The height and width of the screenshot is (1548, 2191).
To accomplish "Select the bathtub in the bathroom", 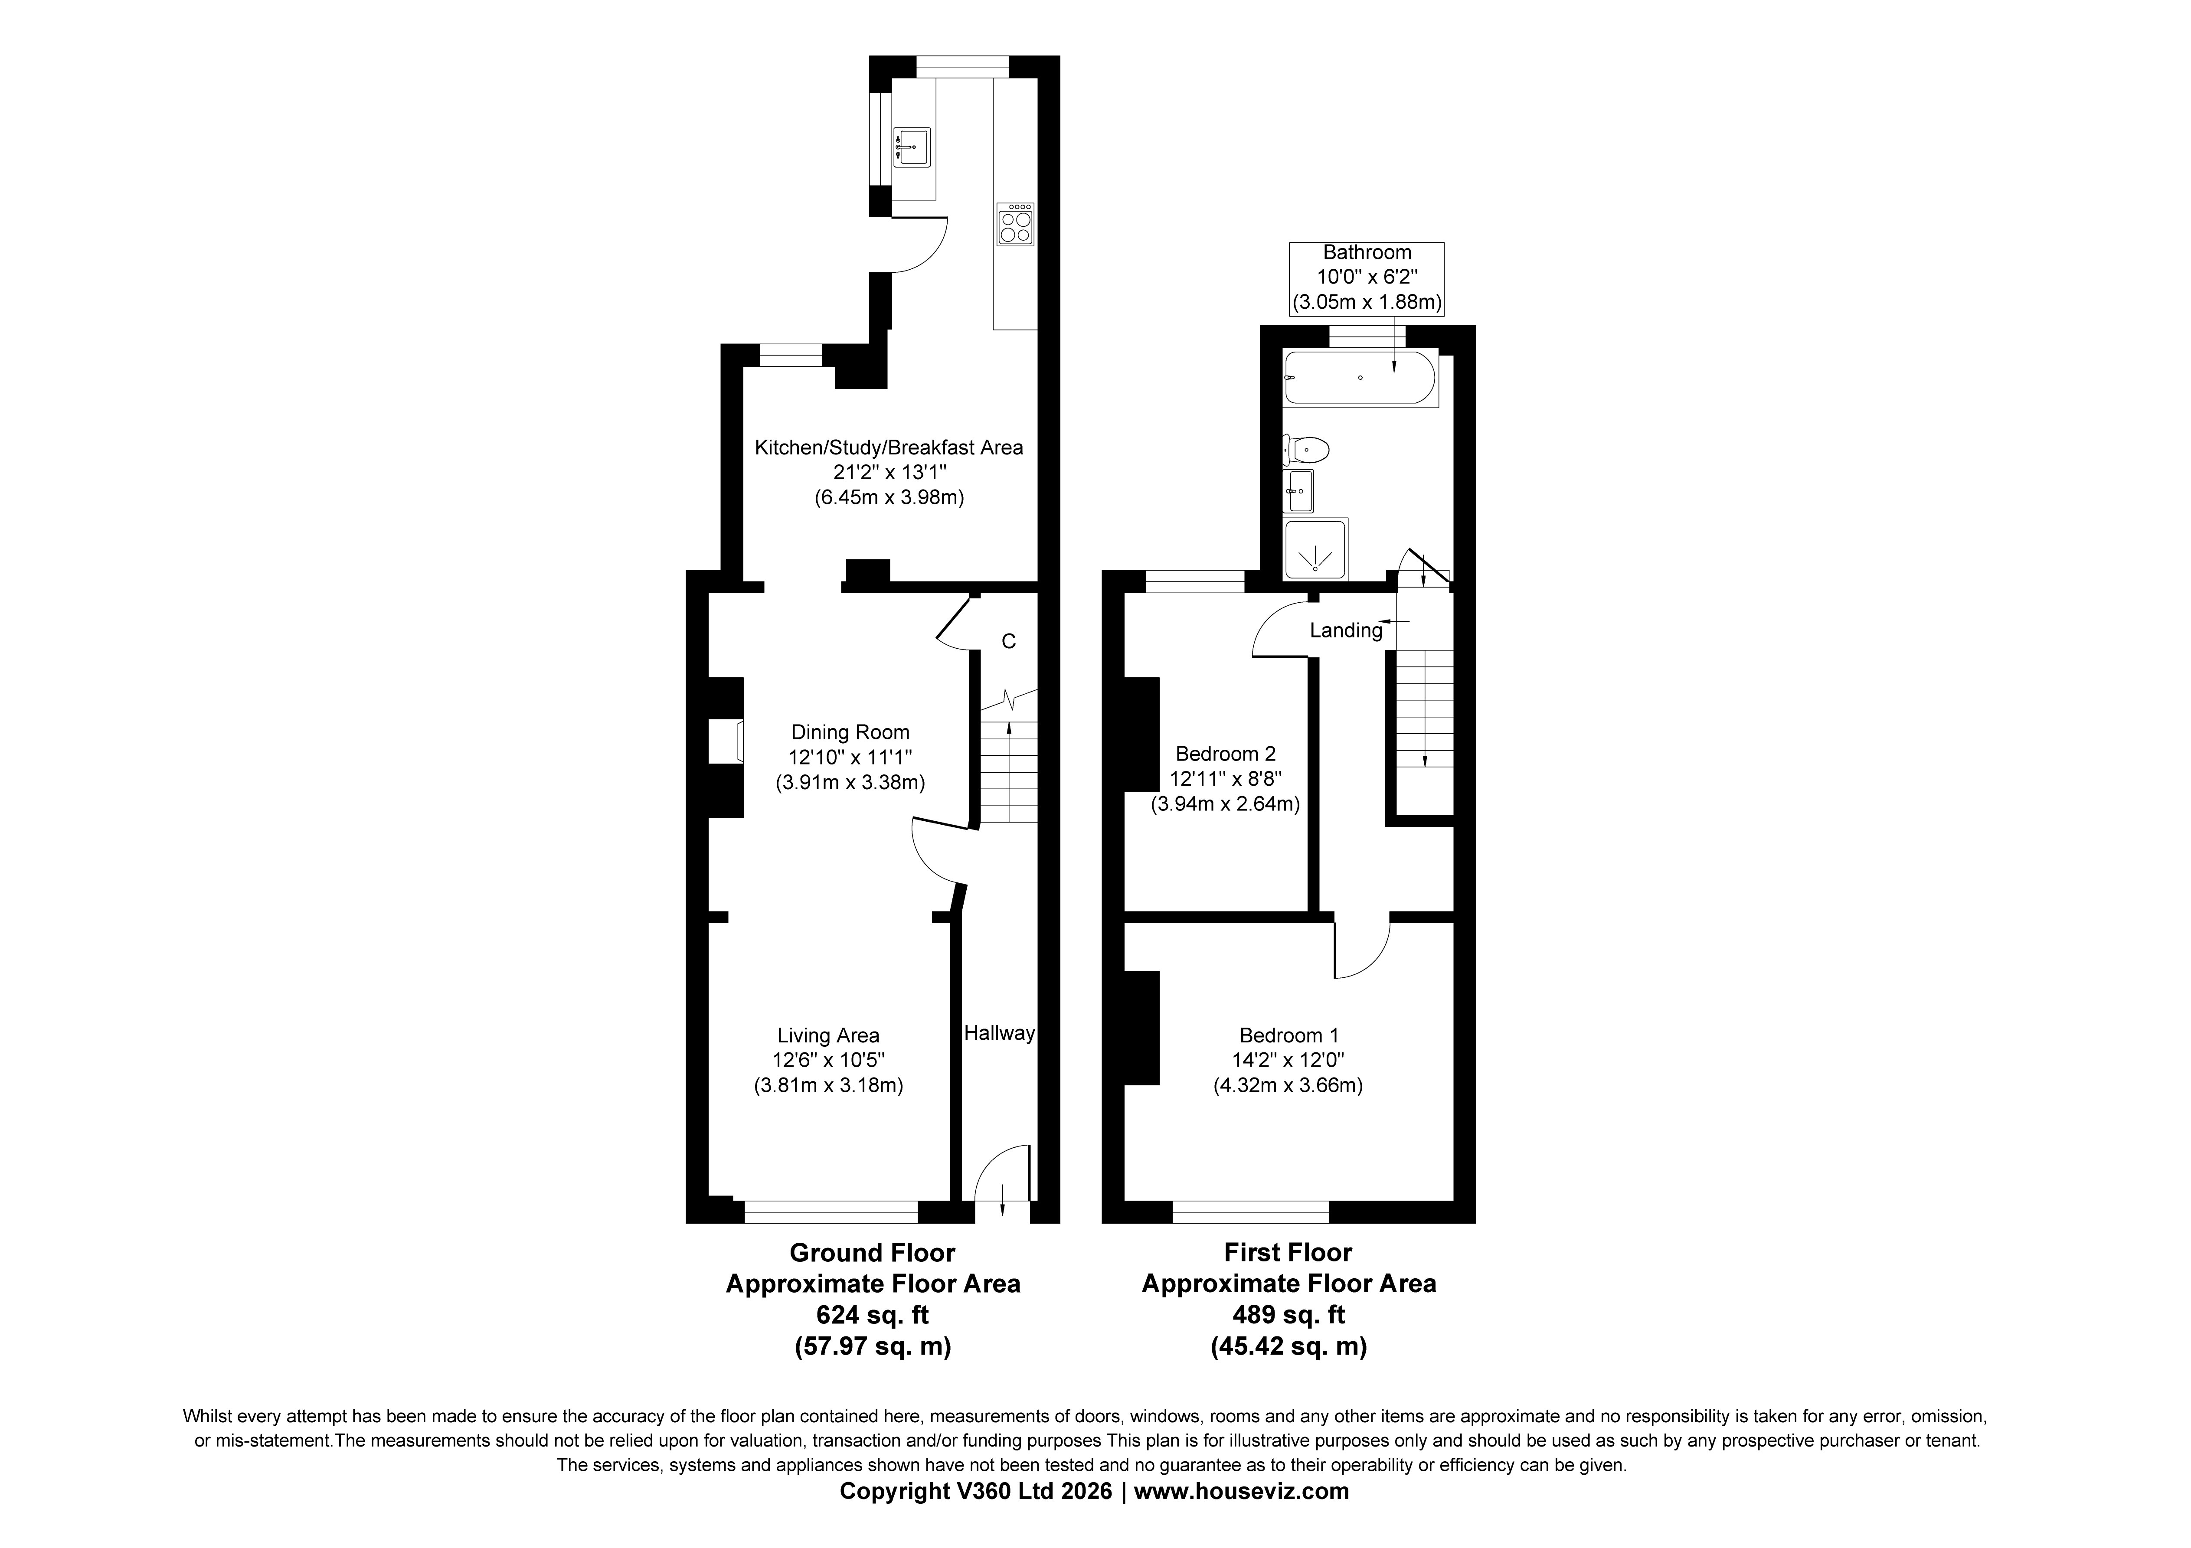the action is pyautogui.click(x=1361, y=378).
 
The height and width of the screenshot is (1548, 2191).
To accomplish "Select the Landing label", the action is pyautogui.click(x=1345, y=631).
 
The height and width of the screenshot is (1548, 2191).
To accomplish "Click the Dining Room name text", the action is pyautogui.click(x=850, y=732).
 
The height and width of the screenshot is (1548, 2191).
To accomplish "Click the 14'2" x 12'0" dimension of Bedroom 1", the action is pyautogui.click(x=1288, y=1059).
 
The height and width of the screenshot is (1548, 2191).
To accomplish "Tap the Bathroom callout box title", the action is pyautogui.click(x=1367, y=253).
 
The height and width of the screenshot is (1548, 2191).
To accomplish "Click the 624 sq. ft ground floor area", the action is pyautogui.click(x=872, y=1315).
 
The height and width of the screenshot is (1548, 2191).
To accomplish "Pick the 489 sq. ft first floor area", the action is pyautogui.click(x=1288, y=1315).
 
